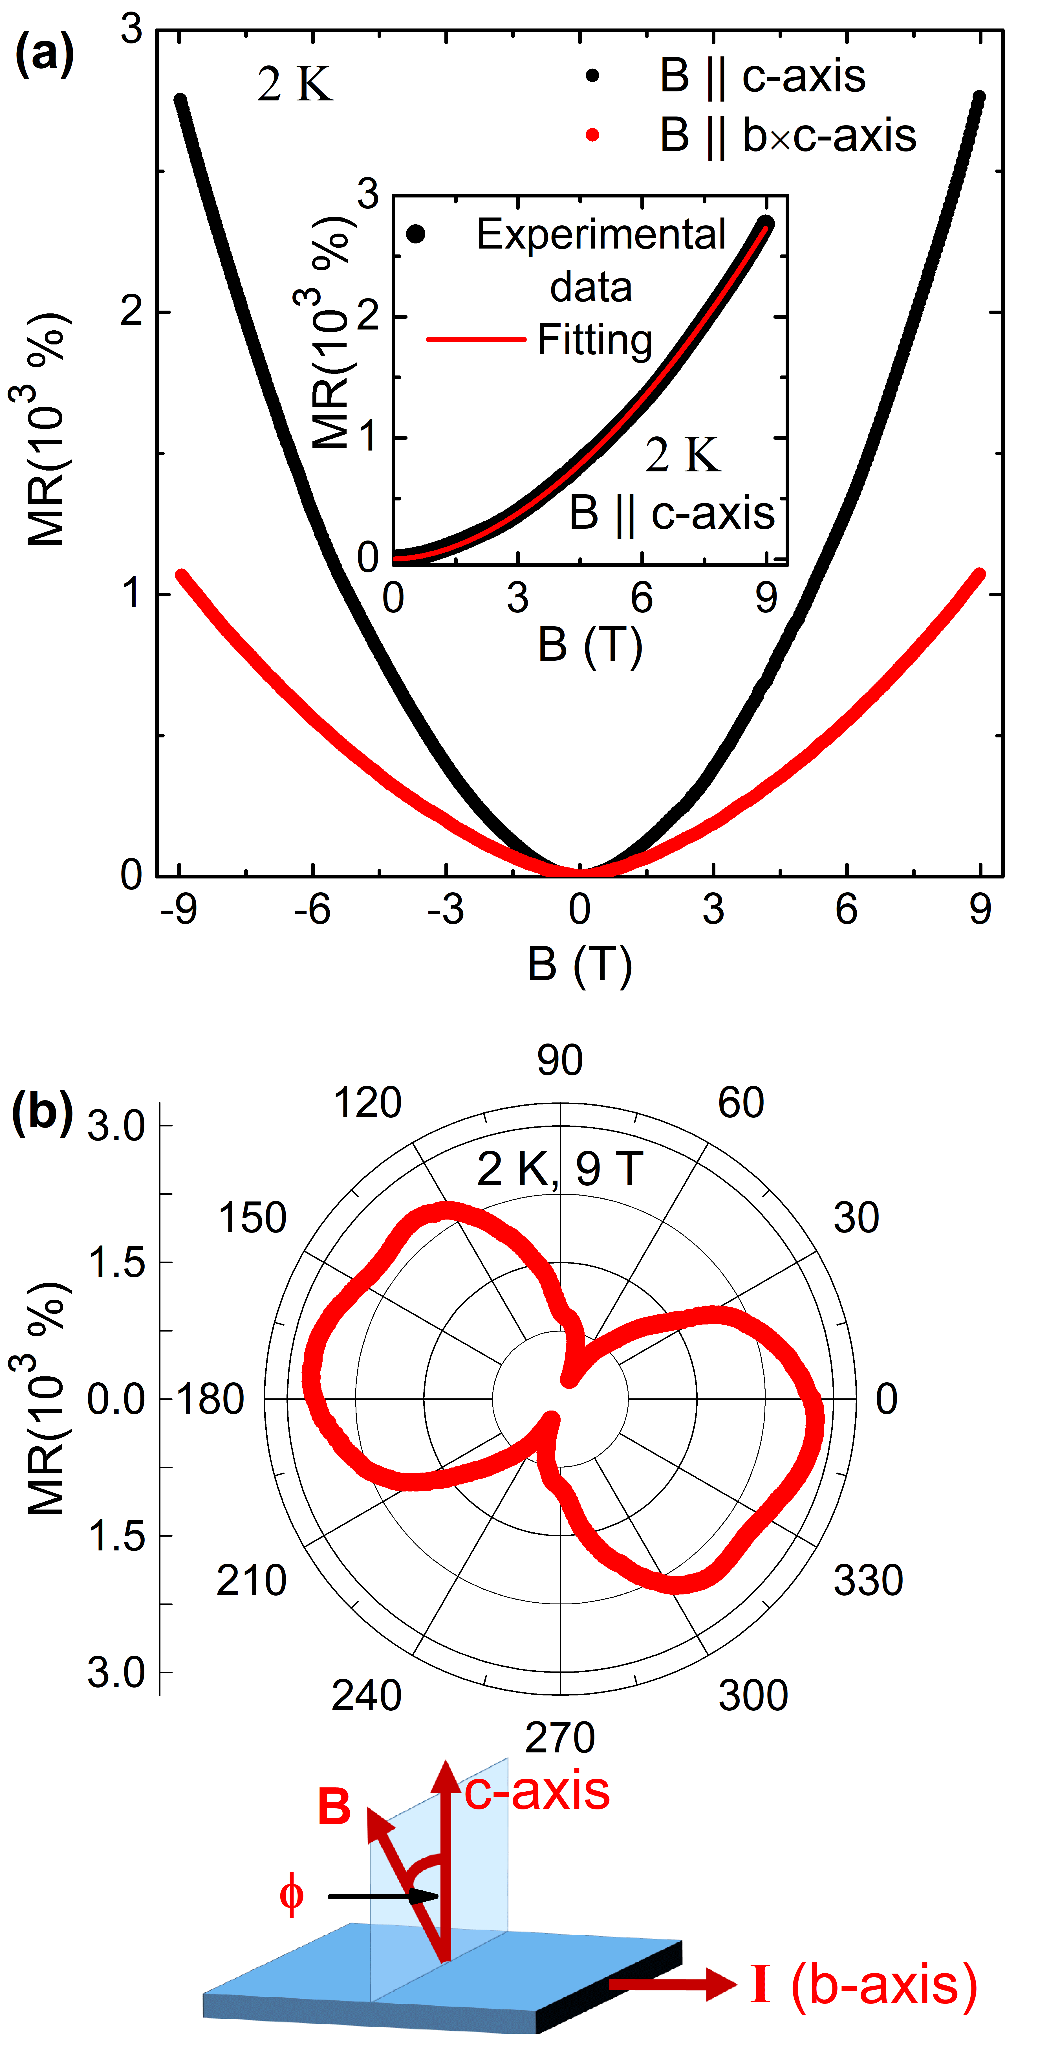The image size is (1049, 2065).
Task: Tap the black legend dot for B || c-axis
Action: click(592, 76)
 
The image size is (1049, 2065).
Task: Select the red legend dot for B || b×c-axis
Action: click(592, 135)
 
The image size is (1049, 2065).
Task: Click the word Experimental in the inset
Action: click(601, 235)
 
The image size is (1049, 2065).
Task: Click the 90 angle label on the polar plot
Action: click(559, 1060)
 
